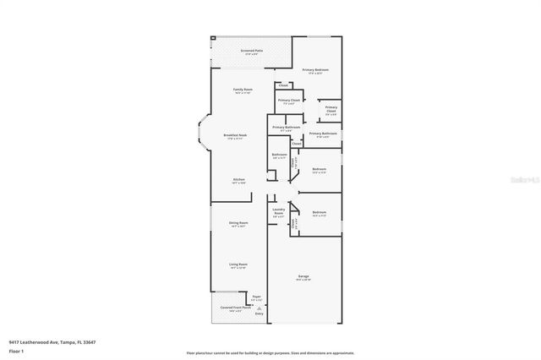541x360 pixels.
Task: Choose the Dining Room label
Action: coord(238,224)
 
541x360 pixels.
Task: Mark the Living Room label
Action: coord(238,265)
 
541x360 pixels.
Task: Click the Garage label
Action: coord(303,276)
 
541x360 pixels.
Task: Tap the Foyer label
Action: coord(256,297)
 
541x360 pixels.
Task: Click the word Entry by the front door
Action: coord(260,314)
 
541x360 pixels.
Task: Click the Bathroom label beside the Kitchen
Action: coord(279,155)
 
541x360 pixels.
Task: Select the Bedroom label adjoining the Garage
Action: coord(319,213)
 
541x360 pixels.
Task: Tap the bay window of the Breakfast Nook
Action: coord(202,135)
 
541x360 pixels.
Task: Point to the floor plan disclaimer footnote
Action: coord(270,352)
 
